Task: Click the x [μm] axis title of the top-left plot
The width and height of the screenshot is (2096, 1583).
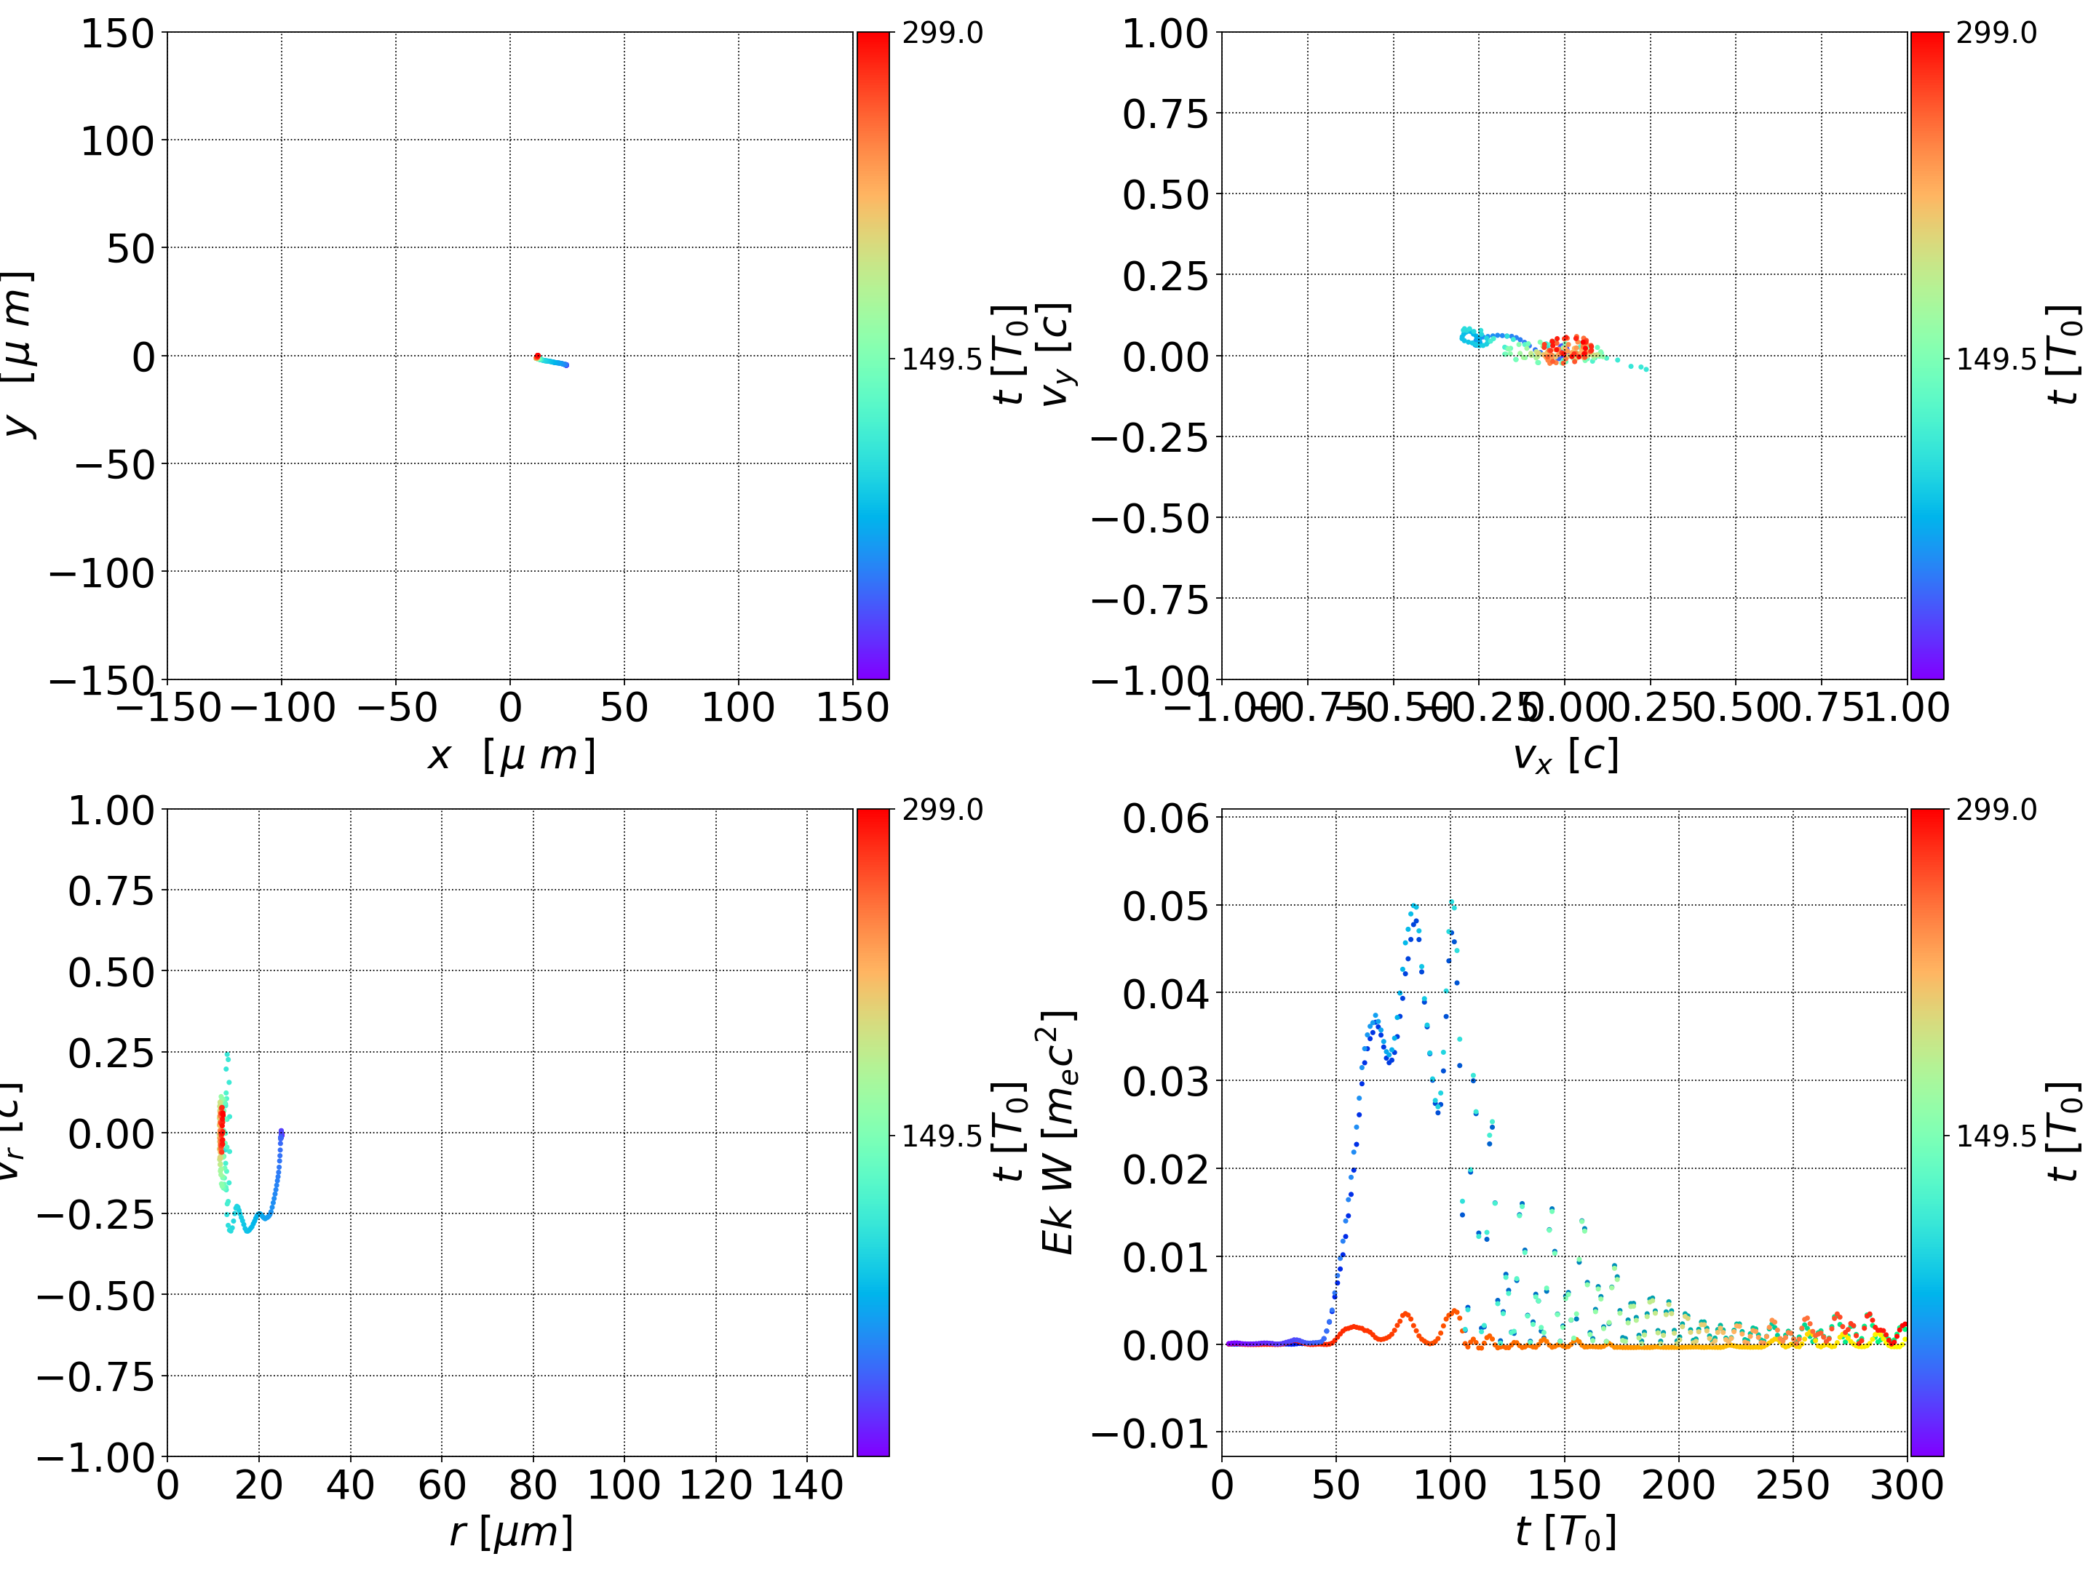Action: pos(511,756)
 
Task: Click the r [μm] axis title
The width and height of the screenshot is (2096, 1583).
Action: pos(511,1533)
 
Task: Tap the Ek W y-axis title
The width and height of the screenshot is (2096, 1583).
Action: pos(1057,1132)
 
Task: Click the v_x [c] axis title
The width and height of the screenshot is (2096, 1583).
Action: pos(1565,756)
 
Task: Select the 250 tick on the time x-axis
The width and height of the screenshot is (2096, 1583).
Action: pos(1792,1486)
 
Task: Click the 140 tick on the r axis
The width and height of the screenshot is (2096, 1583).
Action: pos(806,1486)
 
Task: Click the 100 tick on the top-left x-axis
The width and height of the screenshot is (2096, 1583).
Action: pos(738,709)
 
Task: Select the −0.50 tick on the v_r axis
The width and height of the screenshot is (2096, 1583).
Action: pos(95,1296)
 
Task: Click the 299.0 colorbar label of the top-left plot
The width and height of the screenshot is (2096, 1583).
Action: pos(942,33)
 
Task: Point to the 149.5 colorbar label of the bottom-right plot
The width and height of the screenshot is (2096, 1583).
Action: pos(1996,1135)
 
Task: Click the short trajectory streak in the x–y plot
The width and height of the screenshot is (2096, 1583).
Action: pos(552,361)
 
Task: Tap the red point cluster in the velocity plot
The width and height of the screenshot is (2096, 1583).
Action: pos(1565,350)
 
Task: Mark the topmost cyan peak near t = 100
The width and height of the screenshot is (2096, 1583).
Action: pos(1453,905)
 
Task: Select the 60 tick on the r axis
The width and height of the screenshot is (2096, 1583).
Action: pos(442,1486)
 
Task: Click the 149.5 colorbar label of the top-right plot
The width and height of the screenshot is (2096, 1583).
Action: pos(1996,359)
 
